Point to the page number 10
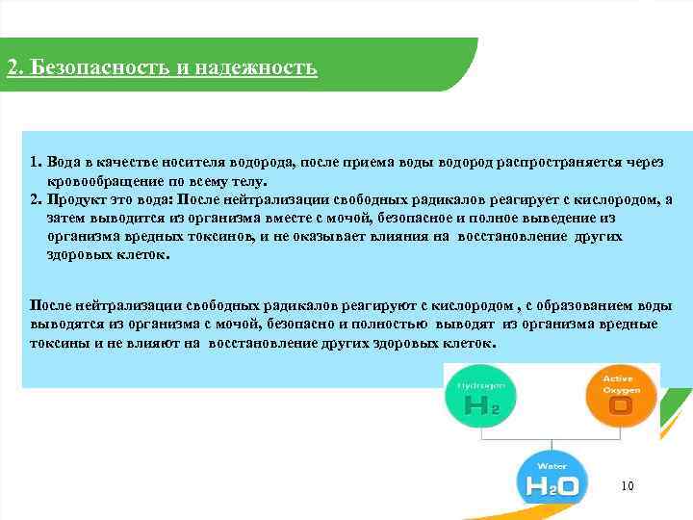[628, 486]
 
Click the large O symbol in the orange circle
[622, 405]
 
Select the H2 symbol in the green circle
[480, 406]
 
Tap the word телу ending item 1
[247, 181]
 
